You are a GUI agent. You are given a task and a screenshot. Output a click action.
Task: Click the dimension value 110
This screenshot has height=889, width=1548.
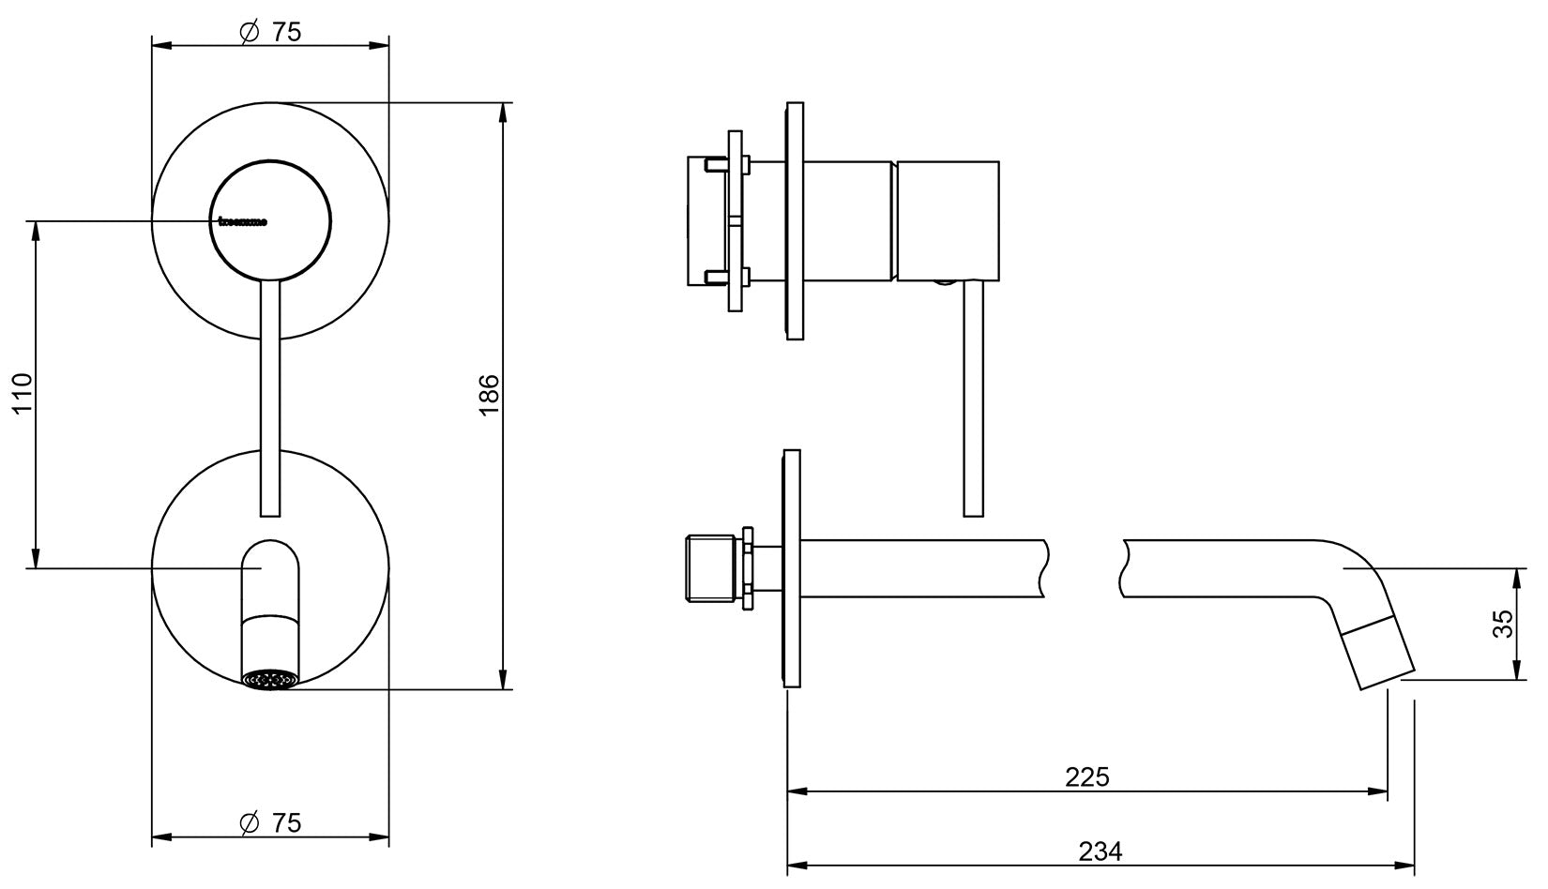coord(23,394)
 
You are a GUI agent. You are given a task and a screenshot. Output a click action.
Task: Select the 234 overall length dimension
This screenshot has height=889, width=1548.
coord(1100,851)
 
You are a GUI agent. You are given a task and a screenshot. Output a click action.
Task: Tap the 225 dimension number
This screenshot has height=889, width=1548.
coord(1086,777)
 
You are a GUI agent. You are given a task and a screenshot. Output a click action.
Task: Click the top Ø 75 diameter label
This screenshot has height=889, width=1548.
coord(271,32)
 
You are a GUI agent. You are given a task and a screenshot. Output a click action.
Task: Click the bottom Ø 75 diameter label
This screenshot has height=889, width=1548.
coord(271,823)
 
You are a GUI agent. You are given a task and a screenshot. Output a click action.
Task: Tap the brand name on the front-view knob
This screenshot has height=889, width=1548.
coord(242,222)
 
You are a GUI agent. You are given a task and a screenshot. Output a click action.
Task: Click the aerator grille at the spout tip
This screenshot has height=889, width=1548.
coord(269,680)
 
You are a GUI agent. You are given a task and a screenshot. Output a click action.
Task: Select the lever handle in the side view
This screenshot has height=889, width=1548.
coord(973,399)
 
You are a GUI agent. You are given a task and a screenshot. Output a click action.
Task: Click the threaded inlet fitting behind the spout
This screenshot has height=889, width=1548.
coord(710,568)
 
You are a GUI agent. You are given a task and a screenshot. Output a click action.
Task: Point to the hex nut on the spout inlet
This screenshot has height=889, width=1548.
coord(749,567)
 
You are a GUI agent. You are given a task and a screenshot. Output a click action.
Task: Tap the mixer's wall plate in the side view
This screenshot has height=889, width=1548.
coord(794,220)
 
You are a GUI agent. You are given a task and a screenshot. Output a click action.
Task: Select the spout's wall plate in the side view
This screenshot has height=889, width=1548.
coord(793,568)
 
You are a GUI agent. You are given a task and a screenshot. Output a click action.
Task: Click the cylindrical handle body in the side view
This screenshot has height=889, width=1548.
coord(947,220)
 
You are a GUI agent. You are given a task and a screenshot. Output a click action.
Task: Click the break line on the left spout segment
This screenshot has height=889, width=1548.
coord(1042,568)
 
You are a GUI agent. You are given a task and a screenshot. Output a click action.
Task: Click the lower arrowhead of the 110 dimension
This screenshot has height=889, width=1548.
coord(36,557)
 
